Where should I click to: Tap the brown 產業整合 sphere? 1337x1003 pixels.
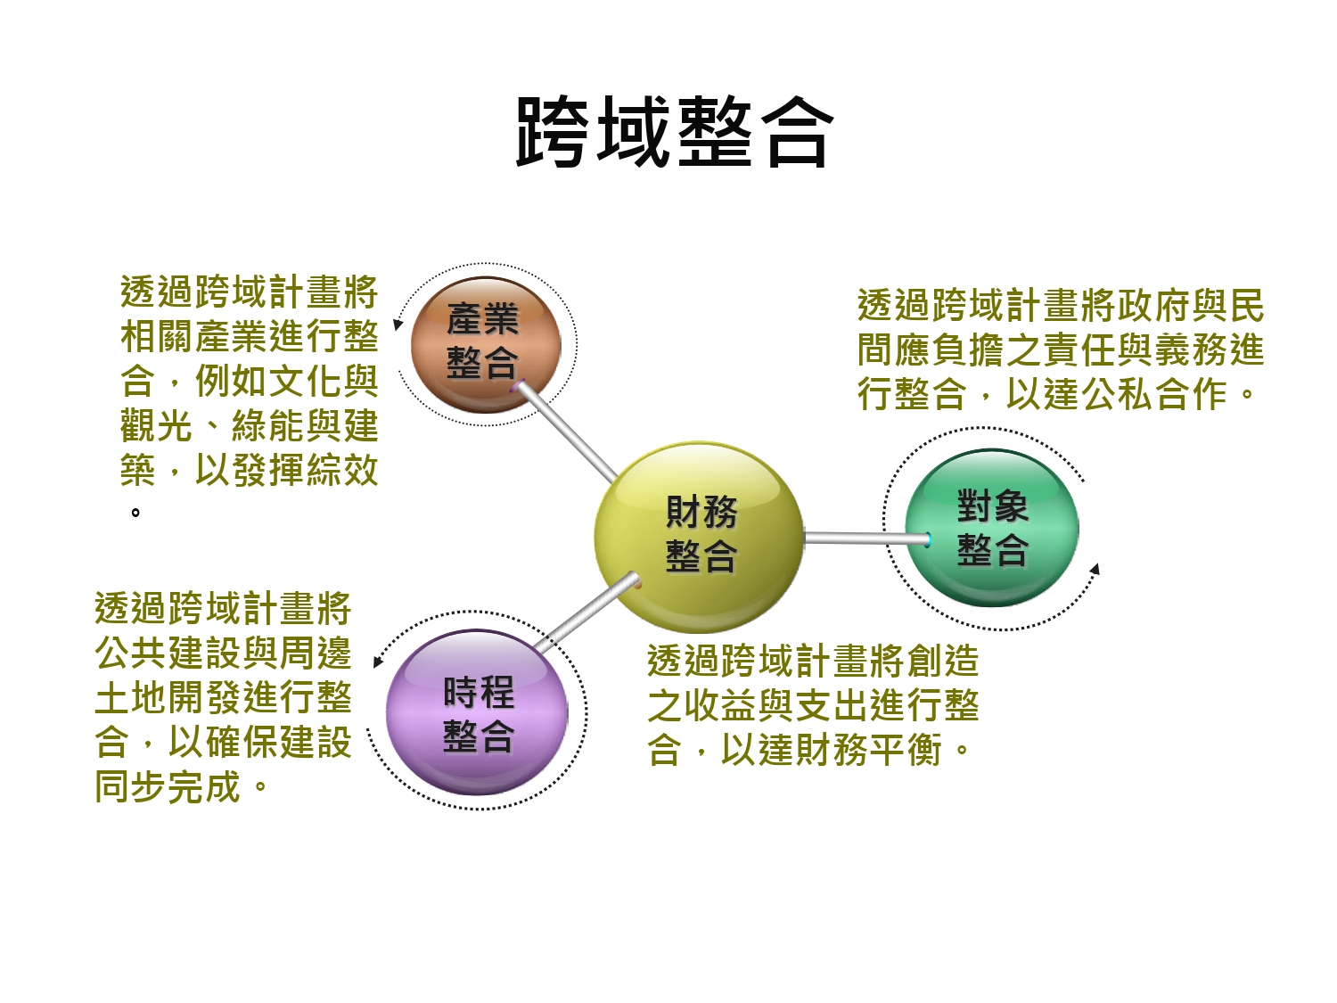coord(485,343)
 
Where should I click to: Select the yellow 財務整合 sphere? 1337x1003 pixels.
coord(701,535)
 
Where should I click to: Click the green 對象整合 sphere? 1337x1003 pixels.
coord(991,528)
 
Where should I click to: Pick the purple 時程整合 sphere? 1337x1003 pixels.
coord(478,713)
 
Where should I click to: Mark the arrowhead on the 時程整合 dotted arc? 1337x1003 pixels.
coord(378,662)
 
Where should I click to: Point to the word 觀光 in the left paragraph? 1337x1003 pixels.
coord(157,426)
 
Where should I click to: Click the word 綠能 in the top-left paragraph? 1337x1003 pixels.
coord(268,426)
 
